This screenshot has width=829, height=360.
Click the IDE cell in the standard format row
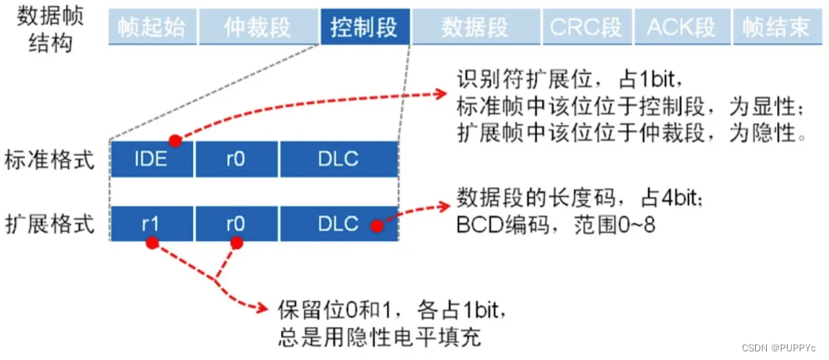(x=153, y=160)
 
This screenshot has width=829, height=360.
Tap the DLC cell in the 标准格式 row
(x=338, y=160)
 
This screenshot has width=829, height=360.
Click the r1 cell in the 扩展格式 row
(x=153, y=226)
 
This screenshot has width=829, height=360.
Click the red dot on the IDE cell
(x=175, y=140)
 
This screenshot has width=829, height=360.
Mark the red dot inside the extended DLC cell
(x=376, y=227)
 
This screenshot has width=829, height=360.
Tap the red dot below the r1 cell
(x=153, y=245)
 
